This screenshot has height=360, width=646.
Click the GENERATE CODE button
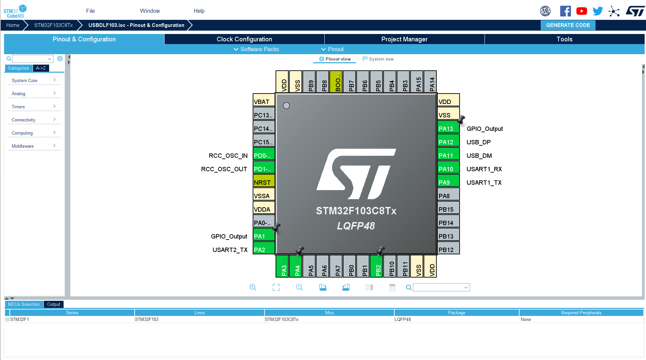click(x=568, y=25)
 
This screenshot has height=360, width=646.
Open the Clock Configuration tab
click(x=244, y=39)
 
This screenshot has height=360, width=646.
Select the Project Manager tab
click(x=404, y=39)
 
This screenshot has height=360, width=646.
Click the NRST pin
click(x=263, y=182)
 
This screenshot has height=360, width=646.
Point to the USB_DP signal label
click(x=478, y=142)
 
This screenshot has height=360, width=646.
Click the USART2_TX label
click(x=230, y=250)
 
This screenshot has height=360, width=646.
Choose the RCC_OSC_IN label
click(x=228, y=155)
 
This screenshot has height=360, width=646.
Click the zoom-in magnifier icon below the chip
click(x=253, y=287)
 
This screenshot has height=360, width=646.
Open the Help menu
click(x=199, y=11)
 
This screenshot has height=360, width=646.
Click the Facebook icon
click(x=565, y=11)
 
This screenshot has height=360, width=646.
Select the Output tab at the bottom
click(x=53, y=304)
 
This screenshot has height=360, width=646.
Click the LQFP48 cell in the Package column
click(x=402, y=319)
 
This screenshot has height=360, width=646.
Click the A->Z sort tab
click(x=41, y=68)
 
